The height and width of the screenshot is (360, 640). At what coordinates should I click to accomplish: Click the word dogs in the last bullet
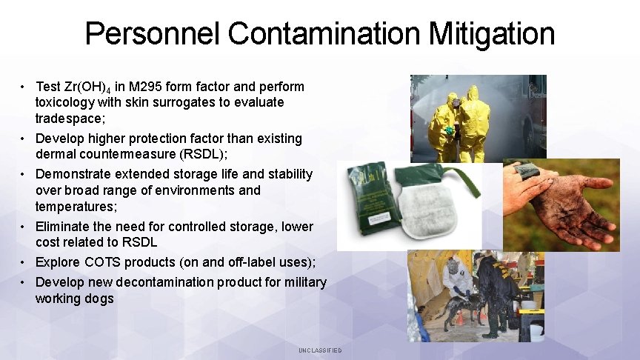tap(100, 299)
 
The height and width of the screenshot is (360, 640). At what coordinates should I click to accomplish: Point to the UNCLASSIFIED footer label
tap(320, 350)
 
